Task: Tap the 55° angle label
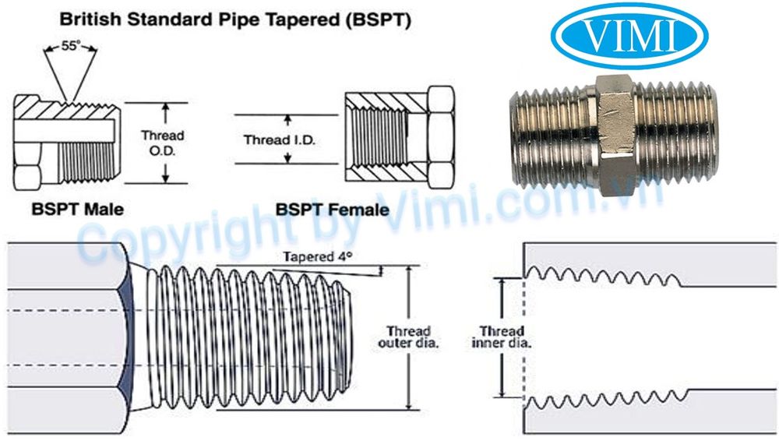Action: pos(71,47)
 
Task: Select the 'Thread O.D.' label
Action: pos(162,143)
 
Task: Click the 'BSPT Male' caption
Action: pos(77,209)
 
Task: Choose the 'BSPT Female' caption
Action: pos(331,209)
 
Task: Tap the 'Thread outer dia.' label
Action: pos(408,337)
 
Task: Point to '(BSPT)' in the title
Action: pos(379,19)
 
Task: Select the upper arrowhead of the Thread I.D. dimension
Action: pos(287,120)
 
